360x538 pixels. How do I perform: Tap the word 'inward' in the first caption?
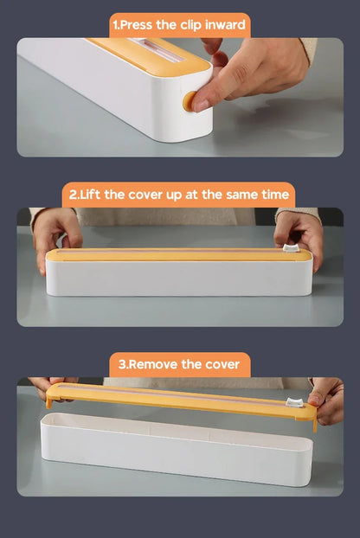[x=221, y=24]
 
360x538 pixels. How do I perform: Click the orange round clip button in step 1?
[x=188, y=100]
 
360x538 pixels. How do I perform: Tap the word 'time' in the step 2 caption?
[x=271, y=195]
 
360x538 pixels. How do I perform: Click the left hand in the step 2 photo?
[x=55, y=234]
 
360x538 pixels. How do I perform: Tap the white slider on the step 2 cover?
[x=292, y=248]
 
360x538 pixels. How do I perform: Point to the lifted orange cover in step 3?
[x=173, y=399]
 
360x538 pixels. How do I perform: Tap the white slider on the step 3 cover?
[x=295, y=402]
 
